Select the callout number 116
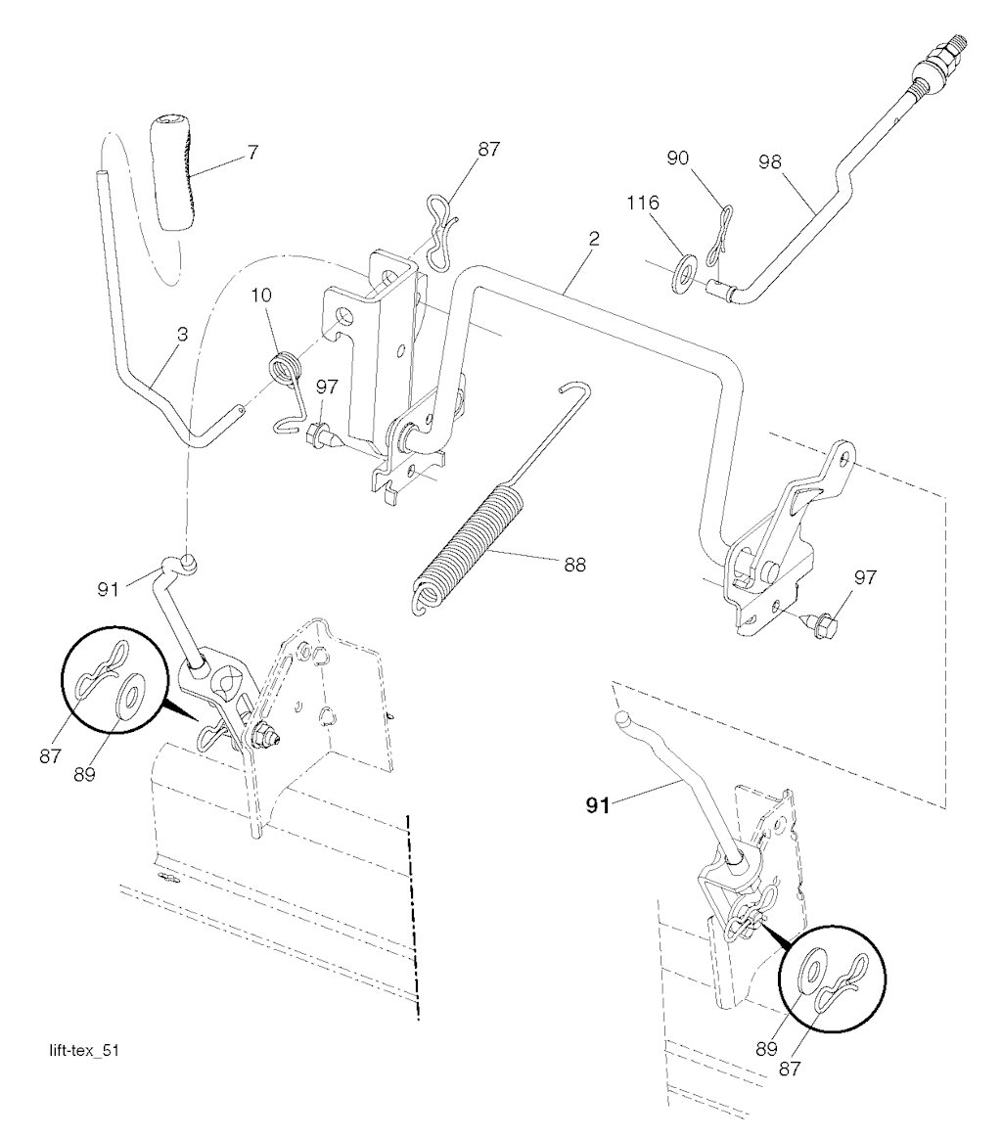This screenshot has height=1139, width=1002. (x=643, y=203)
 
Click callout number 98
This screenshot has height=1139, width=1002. (x=769, y=161)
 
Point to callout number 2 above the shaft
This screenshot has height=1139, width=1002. (x=594, y=239)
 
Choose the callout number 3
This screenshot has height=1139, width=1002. (x=182, y=334)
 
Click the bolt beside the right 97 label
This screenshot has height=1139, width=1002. (x=820, y=620)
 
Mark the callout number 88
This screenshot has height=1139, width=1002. (x=574, y=565)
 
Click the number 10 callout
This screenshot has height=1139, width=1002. (x=261, y=296)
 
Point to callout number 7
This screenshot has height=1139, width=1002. (x=252, y=153)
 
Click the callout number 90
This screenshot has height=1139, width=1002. (x=677, y=158)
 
